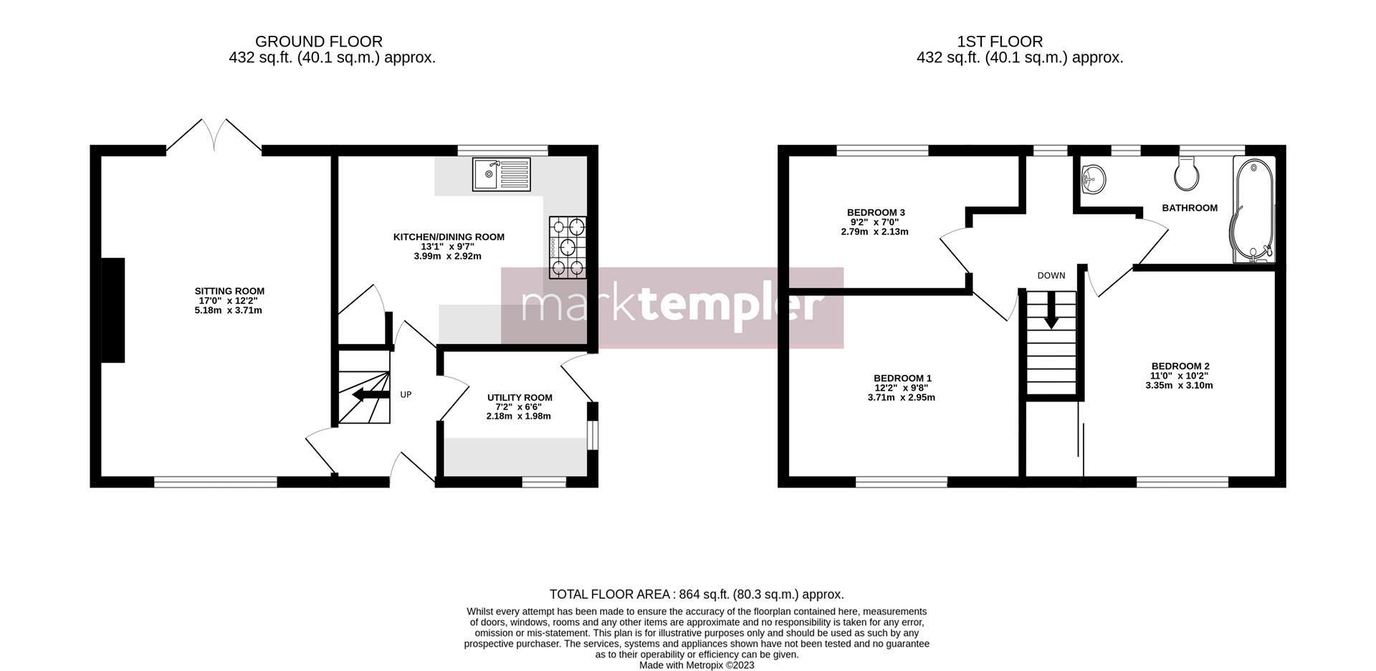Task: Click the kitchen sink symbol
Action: point(501,174)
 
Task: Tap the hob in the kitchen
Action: point(568,247)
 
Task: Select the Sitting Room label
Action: point(229,291)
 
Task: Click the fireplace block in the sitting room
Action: point(113,310)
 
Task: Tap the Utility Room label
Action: point(520,398)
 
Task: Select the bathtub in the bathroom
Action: point(1253,209)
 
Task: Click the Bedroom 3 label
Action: point(876,212)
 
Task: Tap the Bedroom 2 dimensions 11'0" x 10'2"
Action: point(1179,376)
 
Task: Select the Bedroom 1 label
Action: point(902,379)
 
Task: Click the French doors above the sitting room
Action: point(214,135)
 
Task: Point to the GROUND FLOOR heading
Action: point(318,42)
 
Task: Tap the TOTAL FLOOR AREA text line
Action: point(696,594)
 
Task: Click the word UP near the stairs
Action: point(406,395)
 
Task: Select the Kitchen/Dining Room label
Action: point(449,237)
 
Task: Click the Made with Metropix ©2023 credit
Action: point(697,665)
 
